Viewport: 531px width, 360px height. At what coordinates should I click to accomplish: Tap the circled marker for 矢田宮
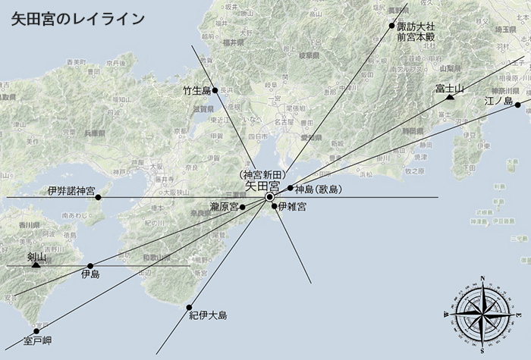pyautogui.click(x=270, y=197)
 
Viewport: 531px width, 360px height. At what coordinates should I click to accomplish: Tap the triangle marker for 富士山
pyautogui.click(x=450, y=98)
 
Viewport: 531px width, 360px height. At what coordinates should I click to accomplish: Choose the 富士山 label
pyautogui.click(x=450, y=88)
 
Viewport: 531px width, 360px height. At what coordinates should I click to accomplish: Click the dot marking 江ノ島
pyautogui.click(x=517, y=105)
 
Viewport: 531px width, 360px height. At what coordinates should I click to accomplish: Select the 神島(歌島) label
pyautogui.click(x=319, y=189)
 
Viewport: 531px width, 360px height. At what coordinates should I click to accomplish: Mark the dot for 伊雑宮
pyautogui.click(x=274, y=206)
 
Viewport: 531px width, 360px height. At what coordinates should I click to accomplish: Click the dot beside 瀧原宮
pyautogui.click(x=243, y=206)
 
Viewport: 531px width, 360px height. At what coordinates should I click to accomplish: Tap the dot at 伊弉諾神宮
pyautogui.click(x=98, y=197)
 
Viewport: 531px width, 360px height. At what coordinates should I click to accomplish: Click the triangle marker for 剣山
pyautogui.click(x=36, y=265)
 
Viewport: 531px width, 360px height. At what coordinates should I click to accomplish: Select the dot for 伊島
pyautogui.click(x=90, y=266)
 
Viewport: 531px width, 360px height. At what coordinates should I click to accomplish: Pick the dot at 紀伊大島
pyautogui.click(x=189, y=307)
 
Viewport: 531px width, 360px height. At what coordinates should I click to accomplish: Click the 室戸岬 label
pyautogui.click(x=37, y=340)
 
